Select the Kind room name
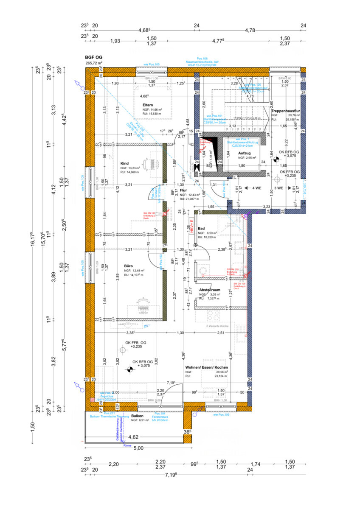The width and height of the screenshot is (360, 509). (124, 163)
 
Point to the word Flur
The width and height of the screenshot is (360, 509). (184, 191)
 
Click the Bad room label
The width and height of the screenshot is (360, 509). (201, 228)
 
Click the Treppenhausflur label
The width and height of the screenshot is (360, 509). (286, 111)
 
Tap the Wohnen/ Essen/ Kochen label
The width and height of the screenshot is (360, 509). (206, 367)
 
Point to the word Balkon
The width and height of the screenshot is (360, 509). (138, 416)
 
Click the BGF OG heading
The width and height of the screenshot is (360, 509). (94, 57)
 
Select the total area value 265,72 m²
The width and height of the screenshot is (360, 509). (94, 63)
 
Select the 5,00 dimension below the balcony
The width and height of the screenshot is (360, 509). (138, 448)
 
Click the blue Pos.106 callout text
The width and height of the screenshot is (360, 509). (202, 59)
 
